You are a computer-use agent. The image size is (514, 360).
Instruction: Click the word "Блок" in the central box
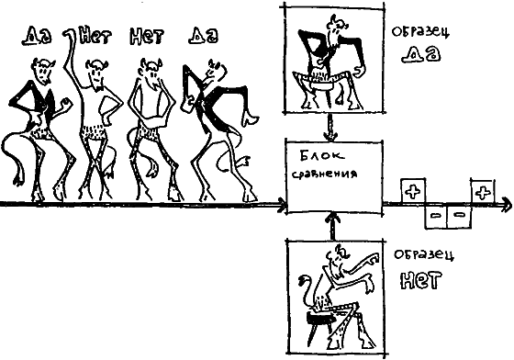(322, 156)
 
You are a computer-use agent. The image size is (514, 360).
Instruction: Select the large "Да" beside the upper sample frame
(421, 54)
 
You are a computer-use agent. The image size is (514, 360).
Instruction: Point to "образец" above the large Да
(420, 32)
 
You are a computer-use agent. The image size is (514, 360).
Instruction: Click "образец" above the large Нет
(424, 254)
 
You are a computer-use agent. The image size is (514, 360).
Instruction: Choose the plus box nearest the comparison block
(413, 191)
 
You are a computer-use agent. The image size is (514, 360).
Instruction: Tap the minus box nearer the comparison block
(436, 216)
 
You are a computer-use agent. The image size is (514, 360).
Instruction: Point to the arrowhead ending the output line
(507, 205)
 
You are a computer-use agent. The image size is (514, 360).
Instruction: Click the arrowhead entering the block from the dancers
(281, 205)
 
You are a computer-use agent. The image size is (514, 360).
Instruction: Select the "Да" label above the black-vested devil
(37, 36)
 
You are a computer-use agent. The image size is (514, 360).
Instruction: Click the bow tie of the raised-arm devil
(98, 89)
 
